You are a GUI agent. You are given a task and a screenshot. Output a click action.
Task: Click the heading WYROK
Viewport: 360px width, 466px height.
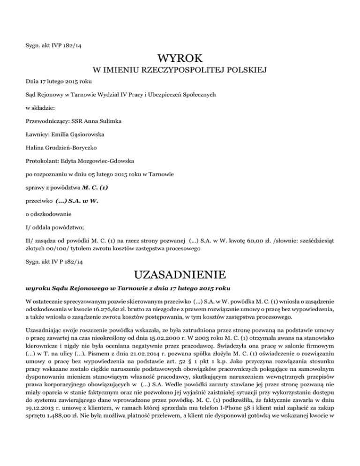[180, 59]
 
